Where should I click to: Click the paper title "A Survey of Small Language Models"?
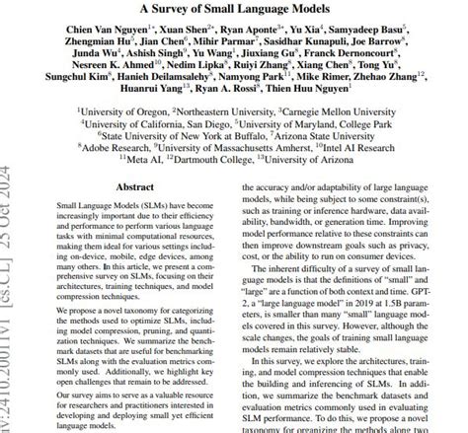(x=236, y=9)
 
